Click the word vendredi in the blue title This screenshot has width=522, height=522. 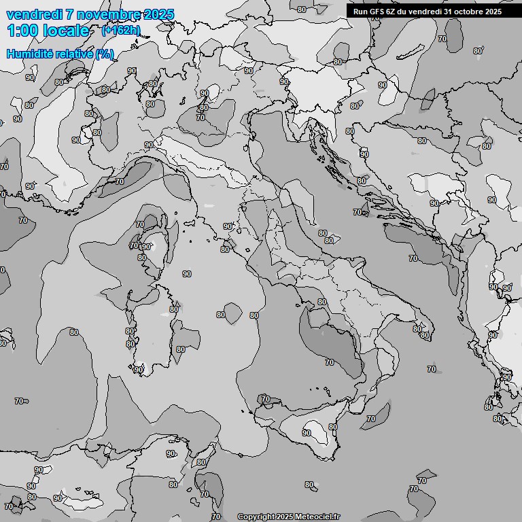(x=35, y=14)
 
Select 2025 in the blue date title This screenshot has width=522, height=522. (x=158, y=14)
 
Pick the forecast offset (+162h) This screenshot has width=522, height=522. (x=120, y=31)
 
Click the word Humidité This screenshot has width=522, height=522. (x=29, y=54)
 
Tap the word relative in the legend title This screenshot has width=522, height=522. (x=73, y=54)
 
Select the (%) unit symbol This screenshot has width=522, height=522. (x=104, y=54)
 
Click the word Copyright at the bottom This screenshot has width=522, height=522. (x=256, y=517)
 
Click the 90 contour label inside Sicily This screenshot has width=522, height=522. (x=307, y=433)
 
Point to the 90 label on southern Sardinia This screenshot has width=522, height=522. (x=139, y=370)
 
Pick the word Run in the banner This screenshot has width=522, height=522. (x=360, y=12)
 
